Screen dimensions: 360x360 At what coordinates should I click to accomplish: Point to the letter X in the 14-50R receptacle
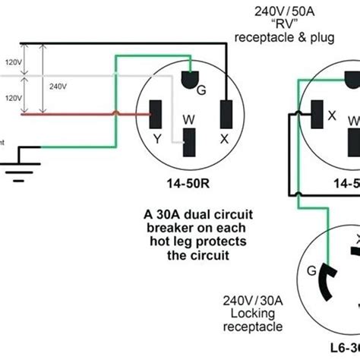224,139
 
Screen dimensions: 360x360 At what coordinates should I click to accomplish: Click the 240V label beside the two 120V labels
56,87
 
